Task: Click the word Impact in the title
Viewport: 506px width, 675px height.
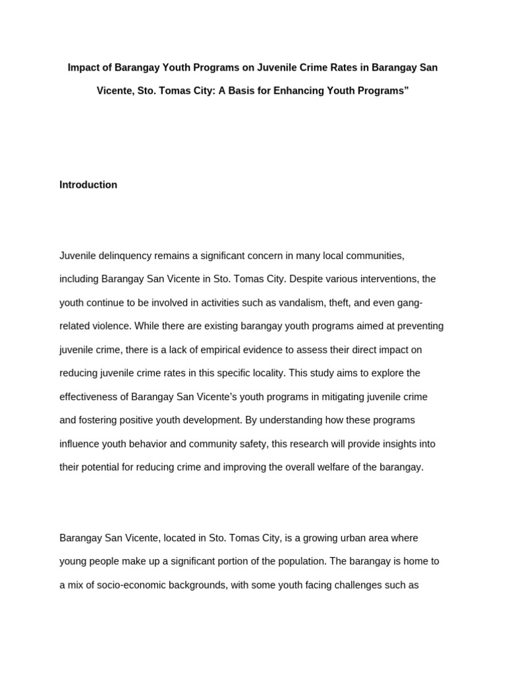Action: pyautogui.click(x=82, y=68)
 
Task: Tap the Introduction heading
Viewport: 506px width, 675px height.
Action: pyautogui.click(x=88, y=185)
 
